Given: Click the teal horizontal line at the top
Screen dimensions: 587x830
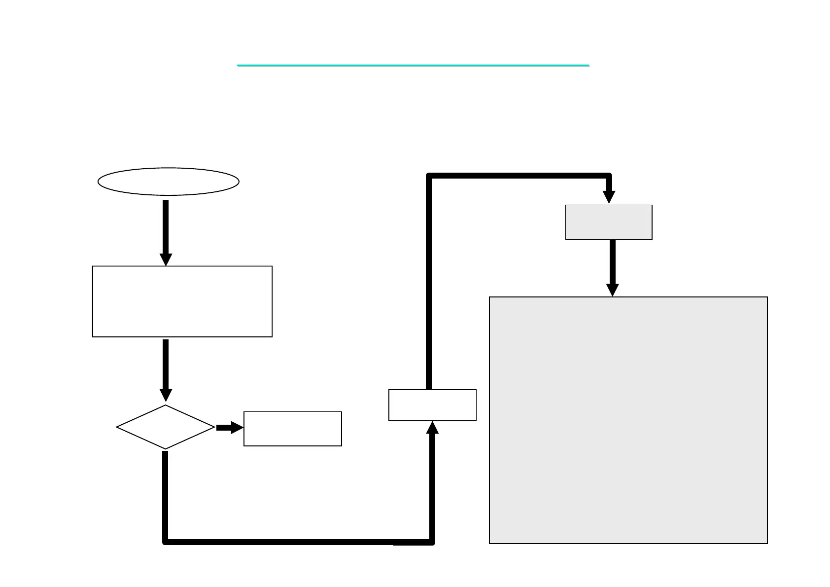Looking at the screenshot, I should tap(413, 65).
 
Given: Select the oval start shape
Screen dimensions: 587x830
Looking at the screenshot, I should tap(169, 182).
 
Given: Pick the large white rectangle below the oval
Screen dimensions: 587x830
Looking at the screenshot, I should tap(182, 301).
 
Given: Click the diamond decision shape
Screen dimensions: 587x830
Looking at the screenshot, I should tap(166, 427).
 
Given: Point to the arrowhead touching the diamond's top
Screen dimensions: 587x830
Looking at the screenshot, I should tap(166, 396).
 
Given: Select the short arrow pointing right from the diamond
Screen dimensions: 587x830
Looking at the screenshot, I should tap(229, 428).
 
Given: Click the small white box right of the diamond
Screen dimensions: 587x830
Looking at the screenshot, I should tap(293, 429).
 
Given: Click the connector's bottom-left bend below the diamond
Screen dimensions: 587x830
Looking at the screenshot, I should tap(166, 542).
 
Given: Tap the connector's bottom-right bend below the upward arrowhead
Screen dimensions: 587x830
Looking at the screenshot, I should tap(432, 542).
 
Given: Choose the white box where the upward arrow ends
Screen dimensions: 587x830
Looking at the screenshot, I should tap(432, 405).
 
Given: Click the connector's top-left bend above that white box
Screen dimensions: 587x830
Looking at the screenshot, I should tap(429, 176).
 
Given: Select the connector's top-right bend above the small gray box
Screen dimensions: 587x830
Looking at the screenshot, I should tap(609, 176).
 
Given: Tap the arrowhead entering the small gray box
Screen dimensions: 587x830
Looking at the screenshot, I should tap(609, 197).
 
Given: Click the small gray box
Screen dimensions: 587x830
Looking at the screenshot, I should tap(609, 222).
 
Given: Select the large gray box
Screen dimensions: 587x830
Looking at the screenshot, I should tap(628, 420).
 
